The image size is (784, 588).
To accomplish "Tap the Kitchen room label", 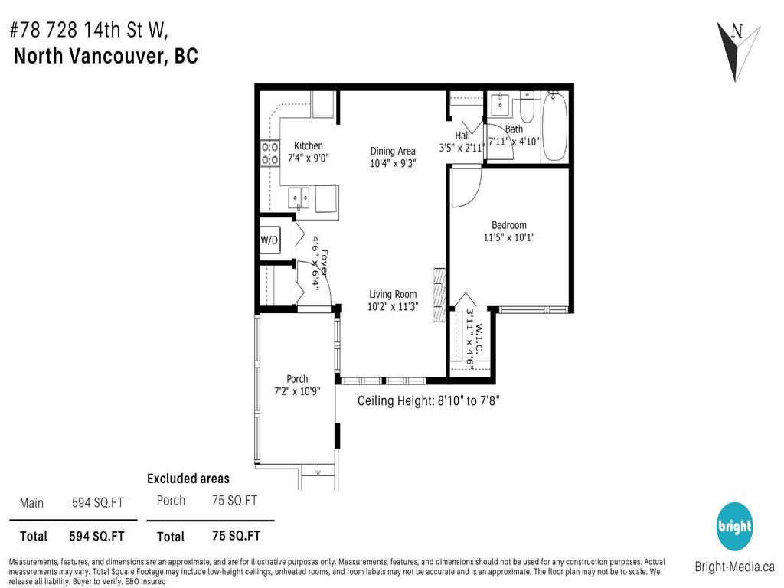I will [x=309, y=145].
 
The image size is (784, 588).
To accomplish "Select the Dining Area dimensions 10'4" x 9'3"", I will [x=393, y=162].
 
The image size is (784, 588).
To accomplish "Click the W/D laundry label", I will [x=269, y=240].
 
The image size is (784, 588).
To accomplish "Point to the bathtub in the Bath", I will [x=554, y=128].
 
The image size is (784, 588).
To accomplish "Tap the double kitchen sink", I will [x=299, y=198].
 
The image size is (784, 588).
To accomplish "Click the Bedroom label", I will [x=509, y=225].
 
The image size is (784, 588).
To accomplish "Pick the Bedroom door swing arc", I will [x=465, y=190].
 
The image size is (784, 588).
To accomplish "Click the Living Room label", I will [x=393, y=294].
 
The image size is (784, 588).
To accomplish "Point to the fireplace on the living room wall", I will [x=439, y=296].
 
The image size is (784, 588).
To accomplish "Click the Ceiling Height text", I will [x=429, y=400].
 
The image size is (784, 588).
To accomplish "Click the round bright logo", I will [x=735, y=527].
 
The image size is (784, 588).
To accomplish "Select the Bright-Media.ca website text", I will [x=734, y=567].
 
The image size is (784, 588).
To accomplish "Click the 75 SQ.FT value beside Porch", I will [x=234, y=501].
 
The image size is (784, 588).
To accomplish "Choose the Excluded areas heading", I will [x=188, y=479].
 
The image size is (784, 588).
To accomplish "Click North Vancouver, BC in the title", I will [x=106, y=57].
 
